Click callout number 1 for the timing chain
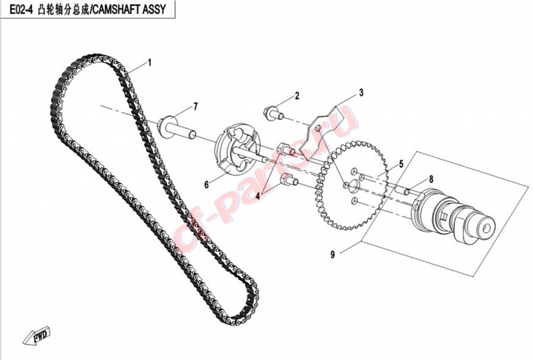click(x=149, y=63)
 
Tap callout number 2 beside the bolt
click(x=297, y=96)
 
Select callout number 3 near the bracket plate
click(x=361, y=93)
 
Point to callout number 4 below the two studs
click(x=258, y=196)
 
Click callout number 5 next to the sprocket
click(x=401, y=164)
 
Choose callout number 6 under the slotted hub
click(x=206, y=185)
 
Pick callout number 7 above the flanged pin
click(x=195, y=107)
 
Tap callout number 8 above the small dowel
click(x=431, y=179)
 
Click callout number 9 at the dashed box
click(x=333, y=254)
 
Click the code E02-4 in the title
click(x=21, y=9)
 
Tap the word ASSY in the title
click(x=155, y=9)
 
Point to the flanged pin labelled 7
click(x=177, y=128)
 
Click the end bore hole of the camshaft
click(x=486, y=228)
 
